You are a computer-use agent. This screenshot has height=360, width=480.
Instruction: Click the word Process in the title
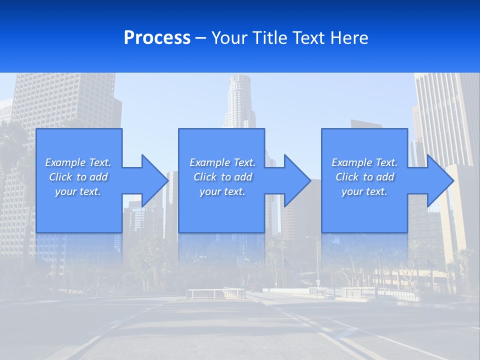(157, 38)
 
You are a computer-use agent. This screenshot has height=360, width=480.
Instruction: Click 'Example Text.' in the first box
(78, 162)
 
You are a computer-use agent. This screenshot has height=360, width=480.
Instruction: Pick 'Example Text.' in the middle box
(222, 162)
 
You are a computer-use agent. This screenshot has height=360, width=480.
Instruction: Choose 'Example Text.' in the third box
(364, 162)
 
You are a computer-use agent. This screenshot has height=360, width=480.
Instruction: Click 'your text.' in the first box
(78, 191)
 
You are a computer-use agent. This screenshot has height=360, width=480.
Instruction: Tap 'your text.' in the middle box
(222, 191)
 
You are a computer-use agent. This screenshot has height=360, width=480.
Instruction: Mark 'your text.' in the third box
(364, 191)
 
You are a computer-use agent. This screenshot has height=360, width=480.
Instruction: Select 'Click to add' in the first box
(78, 177)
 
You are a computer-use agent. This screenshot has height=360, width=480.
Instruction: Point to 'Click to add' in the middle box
(222, 177)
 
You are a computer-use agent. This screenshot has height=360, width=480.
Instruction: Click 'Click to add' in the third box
(364, 177)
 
